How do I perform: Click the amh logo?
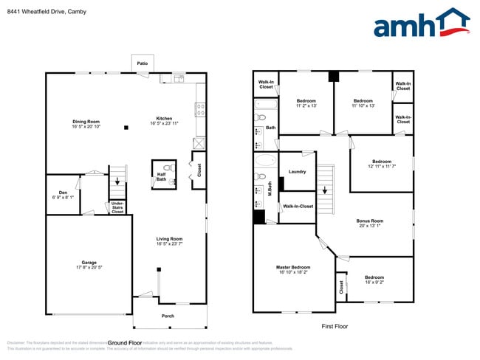coord(421,24)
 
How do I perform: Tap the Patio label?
coord(143,64)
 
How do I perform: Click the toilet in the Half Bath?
coord(170,167)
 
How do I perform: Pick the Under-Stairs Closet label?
coord(117,207)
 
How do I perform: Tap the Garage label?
coord(89,262)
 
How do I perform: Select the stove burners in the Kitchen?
coord(200,110)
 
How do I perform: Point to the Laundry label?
coord(298,172)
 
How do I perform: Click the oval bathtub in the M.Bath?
coord(264,160)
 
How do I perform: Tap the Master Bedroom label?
coord(293,267)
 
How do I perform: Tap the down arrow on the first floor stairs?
coord(324,190)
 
